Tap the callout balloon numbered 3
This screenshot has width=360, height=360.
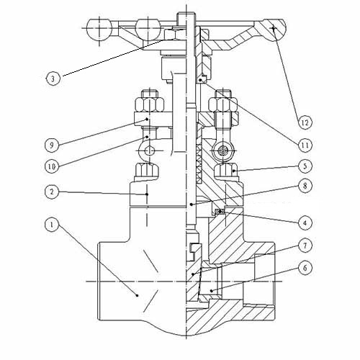tap(50, 76)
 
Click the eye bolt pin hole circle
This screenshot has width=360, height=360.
tap(150, 150)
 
